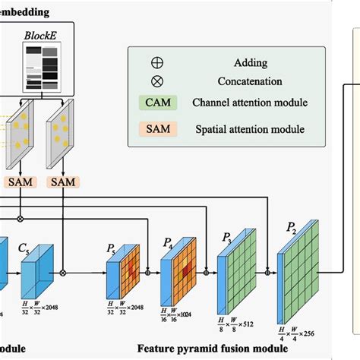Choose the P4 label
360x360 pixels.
(x=169, y=244)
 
